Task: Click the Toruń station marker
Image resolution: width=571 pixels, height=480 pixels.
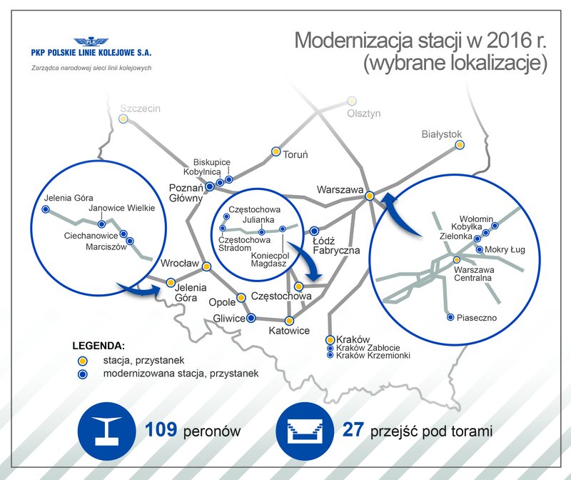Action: coord(276,151)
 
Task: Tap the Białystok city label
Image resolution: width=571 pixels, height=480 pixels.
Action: coord(441,134)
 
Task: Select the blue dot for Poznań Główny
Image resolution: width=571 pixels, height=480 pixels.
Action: coord(210,186)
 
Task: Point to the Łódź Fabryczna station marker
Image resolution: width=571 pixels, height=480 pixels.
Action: coord(314,231)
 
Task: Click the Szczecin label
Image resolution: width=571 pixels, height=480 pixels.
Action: coord(140,109)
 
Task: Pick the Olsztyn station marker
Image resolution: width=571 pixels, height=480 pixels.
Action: coord(351,101)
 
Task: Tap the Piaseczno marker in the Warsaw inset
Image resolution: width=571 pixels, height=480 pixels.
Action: coord(450,317)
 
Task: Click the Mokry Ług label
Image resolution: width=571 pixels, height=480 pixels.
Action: coord(505,250)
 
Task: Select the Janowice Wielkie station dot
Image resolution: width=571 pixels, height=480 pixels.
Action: coord(101,224)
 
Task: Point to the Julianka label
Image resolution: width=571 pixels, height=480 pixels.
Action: coord(258,220)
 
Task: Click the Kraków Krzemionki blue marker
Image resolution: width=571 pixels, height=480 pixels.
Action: coord(330,355)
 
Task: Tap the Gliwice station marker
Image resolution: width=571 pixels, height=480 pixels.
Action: coord(251,318)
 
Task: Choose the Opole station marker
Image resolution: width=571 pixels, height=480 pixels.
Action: coord(241,298)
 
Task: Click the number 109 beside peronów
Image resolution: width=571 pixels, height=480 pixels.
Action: coord(161,429)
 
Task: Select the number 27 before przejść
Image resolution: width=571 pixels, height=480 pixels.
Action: coord(353,429)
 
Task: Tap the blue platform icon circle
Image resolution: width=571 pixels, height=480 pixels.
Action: coord(106,431)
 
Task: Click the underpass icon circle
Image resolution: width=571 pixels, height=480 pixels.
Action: coord(305,431)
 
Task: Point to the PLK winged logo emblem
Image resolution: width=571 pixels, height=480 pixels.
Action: coord(91,41)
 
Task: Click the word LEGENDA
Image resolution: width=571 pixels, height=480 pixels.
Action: coord(98,346)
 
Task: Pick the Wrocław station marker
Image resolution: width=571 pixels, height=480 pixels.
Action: coord(206,266)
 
